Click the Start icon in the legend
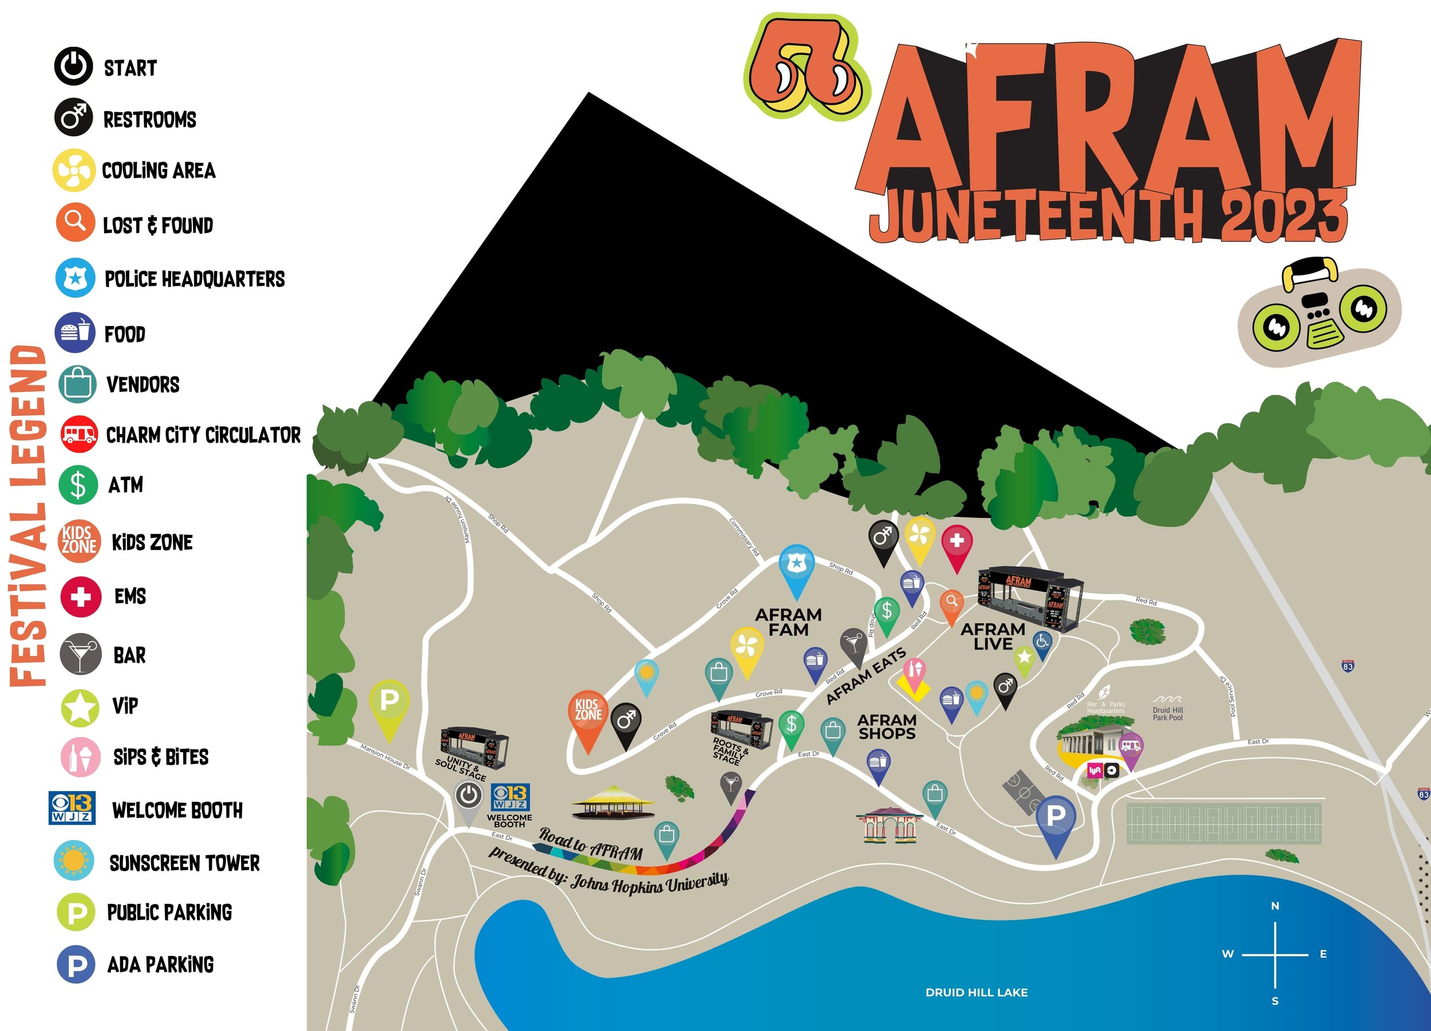click(x=73, y=66)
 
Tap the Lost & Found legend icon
click(x=75, y=222)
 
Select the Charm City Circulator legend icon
click(x=79, y=434)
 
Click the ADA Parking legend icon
click(x=76, y=965)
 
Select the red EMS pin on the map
click(x=956, y=542)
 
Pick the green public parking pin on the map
click(x=389, y=702)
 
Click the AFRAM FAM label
click(x=788, y=622)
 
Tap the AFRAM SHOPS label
click(x=887, y=727)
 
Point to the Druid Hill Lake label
click(x=976, y=993)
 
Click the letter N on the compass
click(x=1275, y=906)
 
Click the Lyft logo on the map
click(x=1094, y=771)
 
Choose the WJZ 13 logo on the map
click(x=510, y=797)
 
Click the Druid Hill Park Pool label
click(x=1167, y=714)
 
